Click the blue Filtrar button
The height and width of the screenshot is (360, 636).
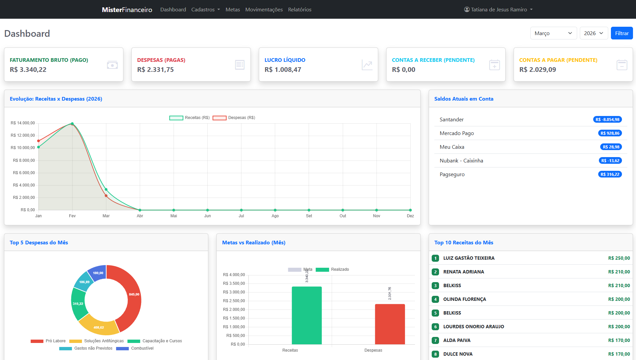[622, 33]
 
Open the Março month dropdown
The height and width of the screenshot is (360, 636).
[553, 33]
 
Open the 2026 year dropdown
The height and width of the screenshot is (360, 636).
[594, 33]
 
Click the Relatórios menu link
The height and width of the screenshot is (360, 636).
[300, 9]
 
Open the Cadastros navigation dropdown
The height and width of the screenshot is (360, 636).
[205, 9]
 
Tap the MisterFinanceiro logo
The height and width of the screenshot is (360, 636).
[127, 9]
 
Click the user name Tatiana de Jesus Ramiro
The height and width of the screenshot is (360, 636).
[499, 9]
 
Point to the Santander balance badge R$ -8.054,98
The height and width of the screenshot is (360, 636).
[607, 119]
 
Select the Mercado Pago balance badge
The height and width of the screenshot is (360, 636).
[610, 133]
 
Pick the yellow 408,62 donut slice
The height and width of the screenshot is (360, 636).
[98, 326]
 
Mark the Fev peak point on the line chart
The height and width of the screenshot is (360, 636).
[72, 124]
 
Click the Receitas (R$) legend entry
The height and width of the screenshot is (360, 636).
[190, 118]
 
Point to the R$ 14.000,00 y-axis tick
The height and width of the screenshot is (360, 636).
[23, 123]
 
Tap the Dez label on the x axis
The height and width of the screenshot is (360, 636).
[410, 216]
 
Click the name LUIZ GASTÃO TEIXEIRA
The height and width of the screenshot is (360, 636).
[469, 258]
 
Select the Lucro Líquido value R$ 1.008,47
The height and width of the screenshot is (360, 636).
[283, 70]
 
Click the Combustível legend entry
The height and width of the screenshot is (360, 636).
[135, 348]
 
